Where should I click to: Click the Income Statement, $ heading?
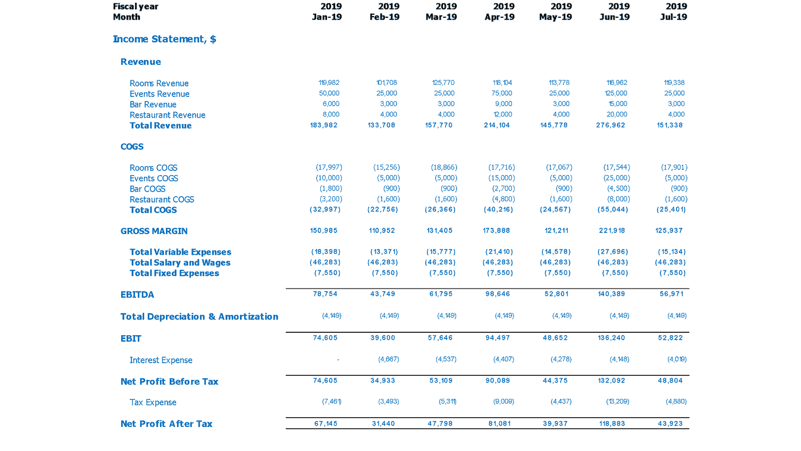pos(164,39)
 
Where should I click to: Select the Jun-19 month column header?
pos(614,17)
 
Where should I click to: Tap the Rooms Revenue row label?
pos(159,83)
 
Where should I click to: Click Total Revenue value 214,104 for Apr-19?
pos(497,125)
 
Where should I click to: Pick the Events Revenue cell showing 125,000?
pos(616,93)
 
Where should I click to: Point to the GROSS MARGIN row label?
pos(154,231)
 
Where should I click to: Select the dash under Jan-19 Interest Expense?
pos(338,360)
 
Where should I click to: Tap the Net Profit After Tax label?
pos(166,424)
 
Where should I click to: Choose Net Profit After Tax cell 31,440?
pos(382,423)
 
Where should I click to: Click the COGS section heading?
pos(132,147)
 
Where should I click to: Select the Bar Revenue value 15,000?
pos(617,104)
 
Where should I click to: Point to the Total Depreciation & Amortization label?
pos(199,317)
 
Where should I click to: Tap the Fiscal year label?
pos(135,6)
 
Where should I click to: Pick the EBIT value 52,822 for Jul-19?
pos(670,338)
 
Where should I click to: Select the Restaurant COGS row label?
pos(162,200)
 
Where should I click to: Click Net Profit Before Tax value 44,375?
pos(555,380)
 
